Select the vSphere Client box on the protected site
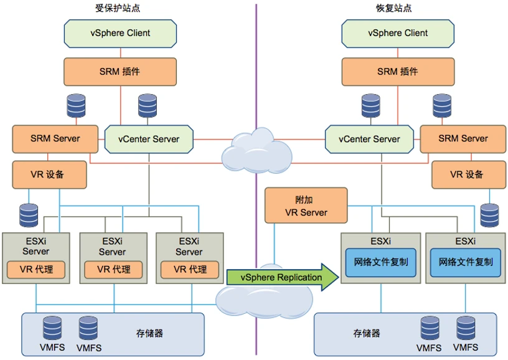[x=120, y=32]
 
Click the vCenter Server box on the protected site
[x=149, y=139]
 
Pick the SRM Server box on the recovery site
[x=463, y=138]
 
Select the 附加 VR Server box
[x=306, y=206]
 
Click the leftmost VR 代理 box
[x=35, y=270]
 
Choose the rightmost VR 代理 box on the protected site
[x=189, y=270]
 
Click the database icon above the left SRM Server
[x=77, y=105]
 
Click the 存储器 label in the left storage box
[x=149, y=333]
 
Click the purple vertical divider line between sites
[x=256, y=93]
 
